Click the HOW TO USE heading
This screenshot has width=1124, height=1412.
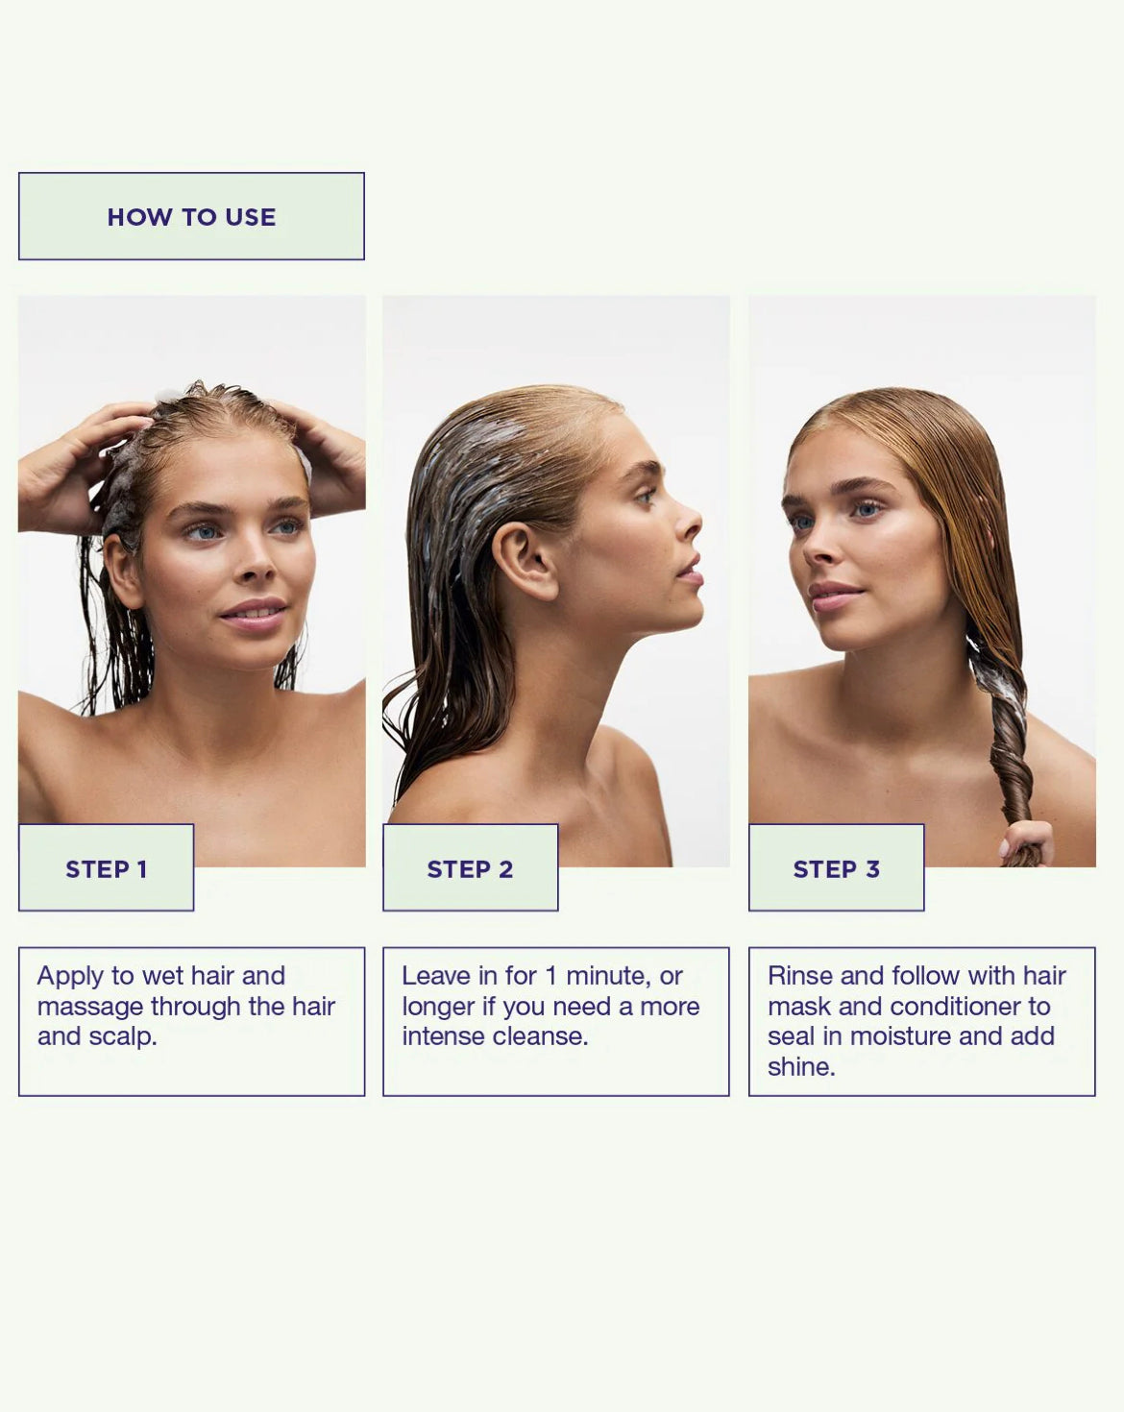(191, 217)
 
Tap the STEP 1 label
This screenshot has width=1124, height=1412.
(107, 869)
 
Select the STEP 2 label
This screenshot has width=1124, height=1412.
(470, 869)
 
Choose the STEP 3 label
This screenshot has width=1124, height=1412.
(836, 869)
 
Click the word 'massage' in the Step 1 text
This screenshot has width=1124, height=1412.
(90, 1008)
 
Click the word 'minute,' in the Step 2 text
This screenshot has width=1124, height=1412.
(608, 976)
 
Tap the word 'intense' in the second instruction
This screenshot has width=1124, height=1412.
(444, 1036)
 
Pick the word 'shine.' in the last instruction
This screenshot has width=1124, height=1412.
(801, 1067)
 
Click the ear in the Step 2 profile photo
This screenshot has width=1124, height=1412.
(525, 561)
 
